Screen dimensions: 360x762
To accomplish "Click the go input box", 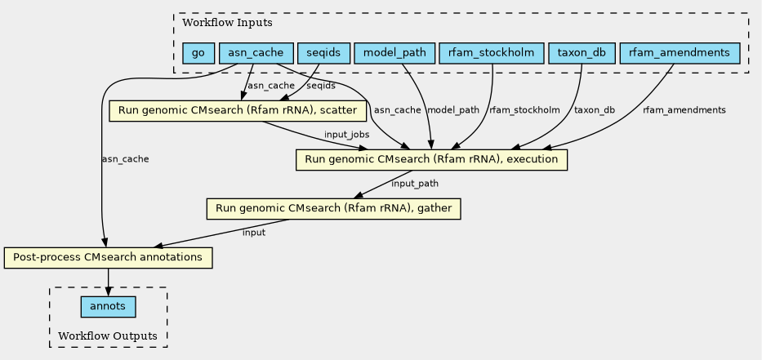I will click(198, 53).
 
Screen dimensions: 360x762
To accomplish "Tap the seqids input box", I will click(323, 53).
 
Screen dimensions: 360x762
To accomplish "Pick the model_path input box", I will click(394, 53).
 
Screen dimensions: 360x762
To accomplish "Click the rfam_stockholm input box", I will click(491, 53).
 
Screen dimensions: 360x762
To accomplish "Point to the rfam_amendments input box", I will click(680, 53).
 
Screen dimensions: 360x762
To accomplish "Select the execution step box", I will click(431, 159).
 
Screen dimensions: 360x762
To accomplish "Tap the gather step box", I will click(334, 208).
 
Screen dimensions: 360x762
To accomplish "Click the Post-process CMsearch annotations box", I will click(109, 257).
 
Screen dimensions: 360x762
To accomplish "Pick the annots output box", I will click(109, 307).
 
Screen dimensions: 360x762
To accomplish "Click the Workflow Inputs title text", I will click(227, 22).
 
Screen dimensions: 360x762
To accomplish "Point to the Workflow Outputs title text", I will click(108, 336).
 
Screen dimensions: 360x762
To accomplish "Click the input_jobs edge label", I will click(346, 134).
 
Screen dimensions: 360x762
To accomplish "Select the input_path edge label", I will click(415, 184).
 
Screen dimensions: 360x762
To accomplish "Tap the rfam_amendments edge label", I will click(684, 109).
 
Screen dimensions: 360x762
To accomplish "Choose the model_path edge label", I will click(453, 109).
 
